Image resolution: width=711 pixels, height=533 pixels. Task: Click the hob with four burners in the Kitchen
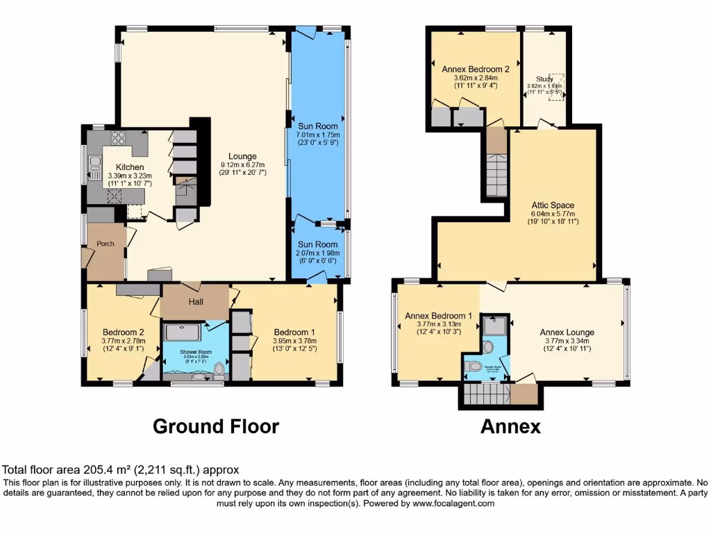point(117,137)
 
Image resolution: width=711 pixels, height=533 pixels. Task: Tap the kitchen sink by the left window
point(95,165)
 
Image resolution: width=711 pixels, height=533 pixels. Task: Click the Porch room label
point(106,244)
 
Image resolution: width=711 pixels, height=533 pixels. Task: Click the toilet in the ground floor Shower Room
point(219,369)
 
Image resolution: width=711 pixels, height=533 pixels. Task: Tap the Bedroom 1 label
point(294,331)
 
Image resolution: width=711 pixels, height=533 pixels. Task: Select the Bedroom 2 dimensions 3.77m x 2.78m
point(124,341)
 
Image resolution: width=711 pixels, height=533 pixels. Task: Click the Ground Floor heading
point(216,426)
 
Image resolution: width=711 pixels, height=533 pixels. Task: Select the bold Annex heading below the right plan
point(510,426)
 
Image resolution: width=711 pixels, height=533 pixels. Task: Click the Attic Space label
point(554,205)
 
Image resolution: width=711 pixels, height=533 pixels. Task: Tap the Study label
point(545,79)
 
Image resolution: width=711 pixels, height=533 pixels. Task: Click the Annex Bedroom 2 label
point(476,69)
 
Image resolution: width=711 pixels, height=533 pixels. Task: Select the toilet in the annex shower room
point(476,366)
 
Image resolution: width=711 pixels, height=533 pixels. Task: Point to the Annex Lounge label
point(567,332)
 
